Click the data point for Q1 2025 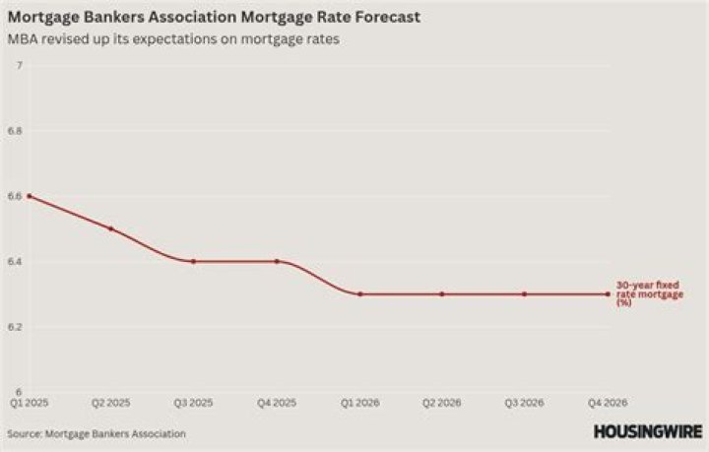29,196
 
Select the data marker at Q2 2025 111,228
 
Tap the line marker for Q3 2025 194,261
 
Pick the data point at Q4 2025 277,261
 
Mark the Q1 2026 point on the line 359,293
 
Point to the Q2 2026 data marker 442,293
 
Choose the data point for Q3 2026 524,293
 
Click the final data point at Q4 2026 607,293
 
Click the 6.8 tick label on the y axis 15,131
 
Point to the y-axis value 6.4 15,262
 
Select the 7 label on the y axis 19,66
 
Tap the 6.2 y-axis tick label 15,327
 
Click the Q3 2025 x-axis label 194,403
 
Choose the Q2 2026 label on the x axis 442,403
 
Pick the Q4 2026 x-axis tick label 607,403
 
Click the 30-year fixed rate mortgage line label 643,293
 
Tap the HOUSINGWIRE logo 647,431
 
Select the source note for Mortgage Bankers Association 97,433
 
